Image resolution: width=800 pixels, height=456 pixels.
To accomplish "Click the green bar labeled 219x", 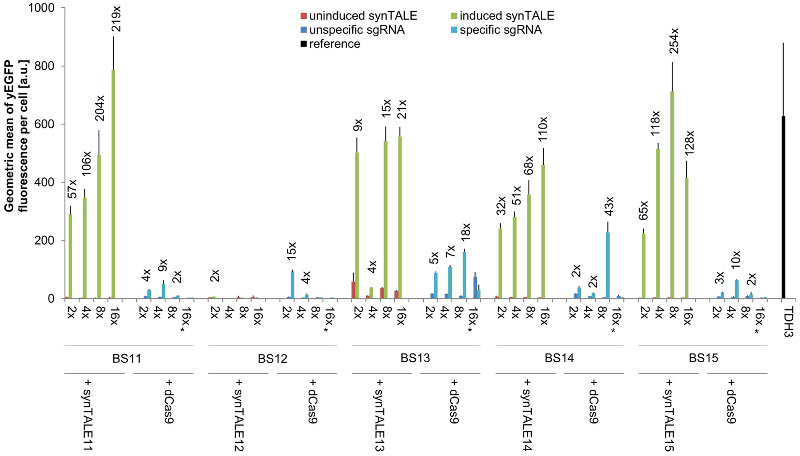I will [114, 184].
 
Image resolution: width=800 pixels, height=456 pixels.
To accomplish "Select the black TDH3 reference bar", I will [783, 208].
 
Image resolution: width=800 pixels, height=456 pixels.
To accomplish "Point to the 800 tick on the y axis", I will [44, 66].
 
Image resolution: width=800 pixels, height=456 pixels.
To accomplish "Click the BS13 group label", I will [415, 358].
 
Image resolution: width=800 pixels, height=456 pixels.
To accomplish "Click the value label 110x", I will [543, 129].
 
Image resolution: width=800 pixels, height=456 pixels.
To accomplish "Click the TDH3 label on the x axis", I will [788, 322].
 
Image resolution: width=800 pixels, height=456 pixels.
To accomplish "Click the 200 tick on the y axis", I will [44, 240].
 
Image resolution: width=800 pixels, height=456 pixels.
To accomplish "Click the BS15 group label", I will [703, 358].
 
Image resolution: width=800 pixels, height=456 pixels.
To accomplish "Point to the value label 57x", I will [72, 189].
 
